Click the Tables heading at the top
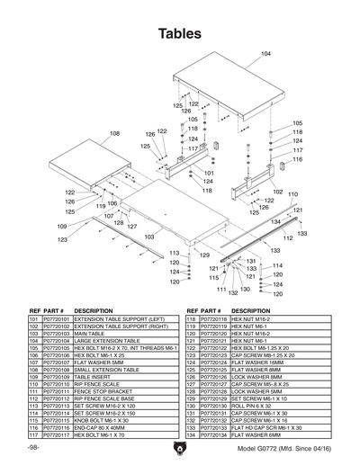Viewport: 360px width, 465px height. pos(179,33)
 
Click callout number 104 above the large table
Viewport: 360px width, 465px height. pos(265,55)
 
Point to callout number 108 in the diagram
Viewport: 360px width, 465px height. pos(114,133)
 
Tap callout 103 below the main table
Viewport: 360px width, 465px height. pos(149,237)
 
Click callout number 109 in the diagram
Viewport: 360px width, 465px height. pos(62,226)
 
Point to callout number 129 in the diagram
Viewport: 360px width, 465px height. pos(204,255)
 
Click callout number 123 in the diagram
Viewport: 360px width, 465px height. pos(62,240)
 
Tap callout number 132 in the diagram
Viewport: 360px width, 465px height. pos(232,292)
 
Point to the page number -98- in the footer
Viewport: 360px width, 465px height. pos(33,447)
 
